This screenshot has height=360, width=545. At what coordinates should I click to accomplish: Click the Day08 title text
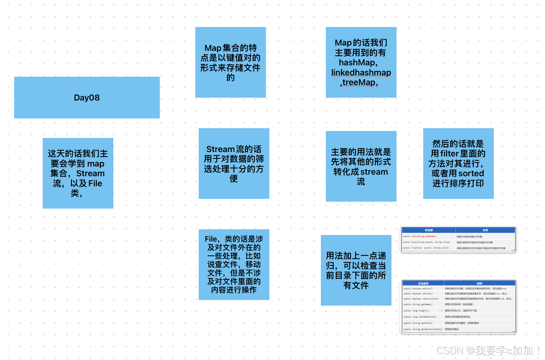pyautogui.click(x=87, y=98)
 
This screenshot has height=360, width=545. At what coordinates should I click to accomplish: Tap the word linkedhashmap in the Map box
pyautogui.click(x=361, y=73)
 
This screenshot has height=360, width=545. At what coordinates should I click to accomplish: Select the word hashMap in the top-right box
pyautogui.click(x=357, y=63)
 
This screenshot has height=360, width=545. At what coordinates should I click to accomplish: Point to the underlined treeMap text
pyautogui.click(x=359, y=82)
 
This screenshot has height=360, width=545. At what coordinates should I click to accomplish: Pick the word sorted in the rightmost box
pyautogui.click(x=471, y=173)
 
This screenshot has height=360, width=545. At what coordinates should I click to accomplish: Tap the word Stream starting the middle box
pyautogui.click(x=220, y=149)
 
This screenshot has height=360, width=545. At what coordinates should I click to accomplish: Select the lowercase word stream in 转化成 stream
pyautogui.click(x=374, y=172)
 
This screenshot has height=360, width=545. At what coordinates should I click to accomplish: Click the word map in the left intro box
pyautogui.click(x=96, y=164)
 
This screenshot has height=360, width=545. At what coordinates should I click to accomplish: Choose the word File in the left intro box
pyautogui.click(x=95, y=183)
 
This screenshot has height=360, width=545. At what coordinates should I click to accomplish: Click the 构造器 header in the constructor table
pyautogui.click(x=429, y=230)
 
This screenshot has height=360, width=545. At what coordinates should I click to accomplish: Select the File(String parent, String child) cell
pyautogui.click(x=426, y=242)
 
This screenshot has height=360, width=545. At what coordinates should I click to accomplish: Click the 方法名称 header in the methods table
pyautogui.click(x=423, y=283)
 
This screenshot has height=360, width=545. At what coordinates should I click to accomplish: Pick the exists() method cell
pyautogui.click(x=418, y=288)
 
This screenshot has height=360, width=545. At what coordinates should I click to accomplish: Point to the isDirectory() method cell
pyautogui.click(x=421, y=299)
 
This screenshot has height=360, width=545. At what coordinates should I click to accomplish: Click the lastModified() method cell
pyautogui.click(x=420, y=317)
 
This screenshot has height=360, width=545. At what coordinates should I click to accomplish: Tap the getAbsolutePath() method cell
pyautogui.click(x=423, y=329)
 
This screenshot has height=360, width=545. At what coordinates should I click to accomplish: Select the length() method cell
pyautogui.click(x=416, y=311)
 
